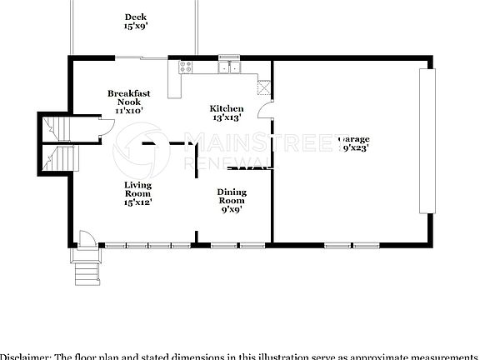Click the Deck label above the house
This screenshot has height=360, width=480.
(136, 17)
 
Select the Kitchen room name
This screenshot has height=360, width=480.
(226, 108)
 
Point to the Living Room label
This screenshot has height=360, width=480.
(137, 189)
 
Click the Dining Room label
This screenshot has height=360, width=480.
(232, 196)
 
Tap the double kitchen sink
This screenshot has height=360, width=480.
(229, 66)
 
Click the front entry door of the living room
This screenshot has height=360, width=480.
(84, 238)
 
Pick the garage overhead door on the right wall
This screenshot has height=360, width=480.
(427, 142)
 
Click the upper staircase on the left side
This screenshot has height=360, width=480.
(55, 127)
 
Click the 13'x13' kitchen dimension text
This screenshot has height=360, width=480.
(226, 118)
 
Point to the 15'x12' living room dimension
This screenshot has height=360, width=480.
(137, 201)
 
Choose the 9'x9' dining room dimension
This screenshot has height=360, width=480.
(232, 209)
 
